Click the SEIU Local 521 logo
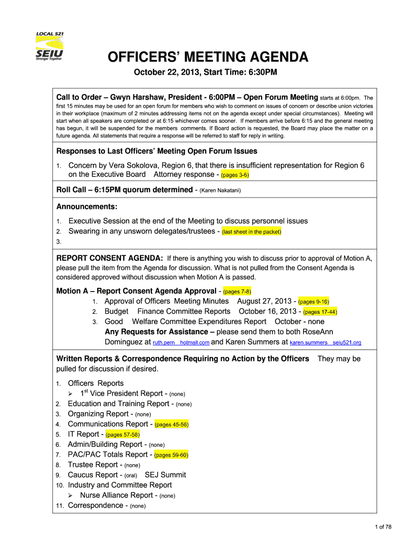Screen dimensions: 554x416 [x=51, y=47]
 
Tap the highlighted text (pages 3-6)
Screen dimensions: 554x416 [x=233, y=175]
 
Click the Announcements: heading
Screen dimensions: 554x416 [x=87, y=206]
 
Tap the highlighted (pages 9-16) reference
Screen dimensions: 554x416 [x=314, y=301]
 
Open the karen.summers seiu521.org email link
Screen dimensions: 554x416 [x=325, y=342]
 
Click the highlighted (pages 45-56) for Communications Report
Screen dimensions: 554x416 [x=172, y=425]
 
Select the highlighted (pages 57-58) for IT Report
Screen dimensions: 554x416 [x=123, y=434]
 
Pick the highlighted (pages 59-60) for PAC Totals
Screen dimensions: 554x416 [x=171, y=455]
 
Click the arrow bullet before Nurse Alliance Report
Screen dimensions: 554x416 [x=71, y=495]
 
